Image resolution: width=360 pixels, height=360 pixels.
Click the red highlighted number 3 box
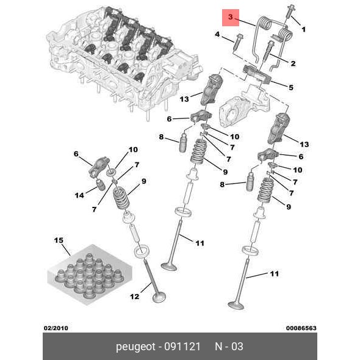(x=231, y=18)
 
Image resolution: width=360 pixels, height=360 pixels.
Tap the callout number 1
(x=303, y=29)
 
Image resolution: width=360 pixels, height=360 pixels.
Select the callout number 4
(x=217, y=34)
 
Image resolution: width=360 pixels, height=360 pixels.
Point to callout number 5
(x=291, y=87)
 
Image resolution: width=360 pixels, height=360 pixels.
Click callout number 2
(x=293, y=63)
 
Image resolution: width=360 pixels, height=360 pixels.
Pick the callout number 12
(x=134, y=297)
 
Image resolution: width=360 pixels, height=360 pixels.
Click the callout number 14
(x=79, y=195)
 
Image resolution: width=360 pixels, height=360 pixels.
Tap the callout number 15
(x=59, y=240)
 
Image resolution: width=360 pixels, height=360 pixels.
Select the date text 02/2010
(x=56, y=328)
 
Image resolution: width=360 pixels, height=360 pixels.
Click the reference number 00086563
(x=301, y=328)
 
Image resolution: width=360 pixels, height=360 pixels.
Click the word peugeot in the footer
(x=135, y=347)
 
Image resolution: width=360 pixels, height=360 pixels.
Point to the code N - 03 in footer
(x=229, y=347)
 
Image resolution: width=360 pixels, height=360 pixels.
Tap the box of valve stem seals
(x=90, y=275)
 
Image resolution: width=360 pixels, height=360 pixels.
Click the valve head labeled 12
(x=159, y=297)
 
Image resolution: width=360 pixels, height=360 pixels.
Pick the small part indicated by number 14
(x=101, y=185)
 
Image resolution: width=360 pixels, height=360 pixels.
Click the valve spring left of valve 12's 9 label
(x=121, y=198)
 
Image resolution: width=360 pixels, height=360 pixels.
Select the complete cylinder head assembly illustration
(x=124, y=62)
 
